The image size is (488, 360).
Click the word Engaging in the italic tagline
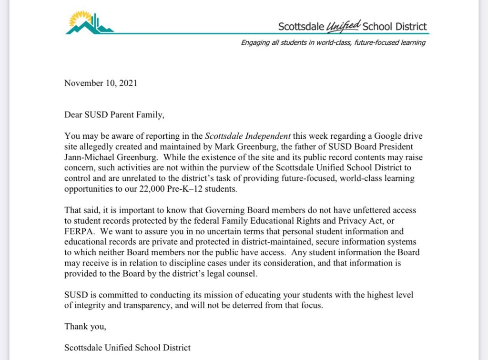coord(255,43)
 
